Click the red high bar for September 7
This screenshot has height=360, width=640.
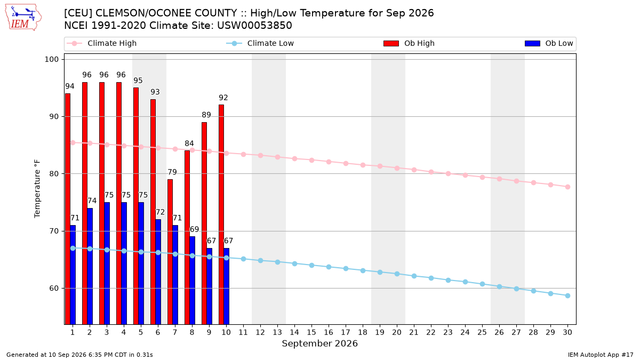[170, 252]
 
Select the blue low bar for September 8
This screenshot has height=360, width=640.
[193, 281]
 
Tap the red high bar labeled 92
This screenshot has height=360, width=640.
[221, 214]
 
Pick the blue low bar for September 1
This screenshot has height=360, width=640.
[73, 275]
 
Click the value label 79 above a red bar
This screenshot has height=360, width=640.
[172, 172]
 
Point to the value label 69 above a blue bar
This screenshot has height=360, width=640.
[194, 229]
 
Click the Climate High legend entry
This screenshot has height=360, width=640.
[101, 43]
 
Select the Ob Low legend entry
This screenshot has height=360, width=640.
[549, 43]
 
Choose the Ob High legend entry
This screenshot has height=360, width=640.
[409, 43]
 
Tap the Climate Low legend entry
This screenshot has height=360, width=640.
[260, 43]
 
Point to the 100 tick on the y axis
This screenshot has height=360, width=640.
[51, 59]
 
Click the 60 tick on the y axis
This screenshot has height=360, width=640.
[54, 288]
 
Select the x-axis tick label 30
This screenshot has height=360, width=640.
[567, 332]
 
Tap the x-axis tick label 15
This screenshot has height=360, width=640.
[311, 332]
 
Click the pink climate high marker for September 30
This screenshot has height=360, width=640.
[567, 187]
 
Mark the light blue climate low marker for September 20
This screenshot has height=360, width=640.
[397, 274]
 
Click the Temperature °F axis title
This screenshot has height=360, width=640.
[37, 189]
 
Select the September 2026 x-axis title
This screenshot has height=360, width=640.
[319, 343]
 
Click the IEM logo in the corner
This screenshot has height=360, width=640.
[23, 18]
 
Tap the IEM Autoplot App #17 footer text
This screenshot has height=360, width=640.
[601, 355]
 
